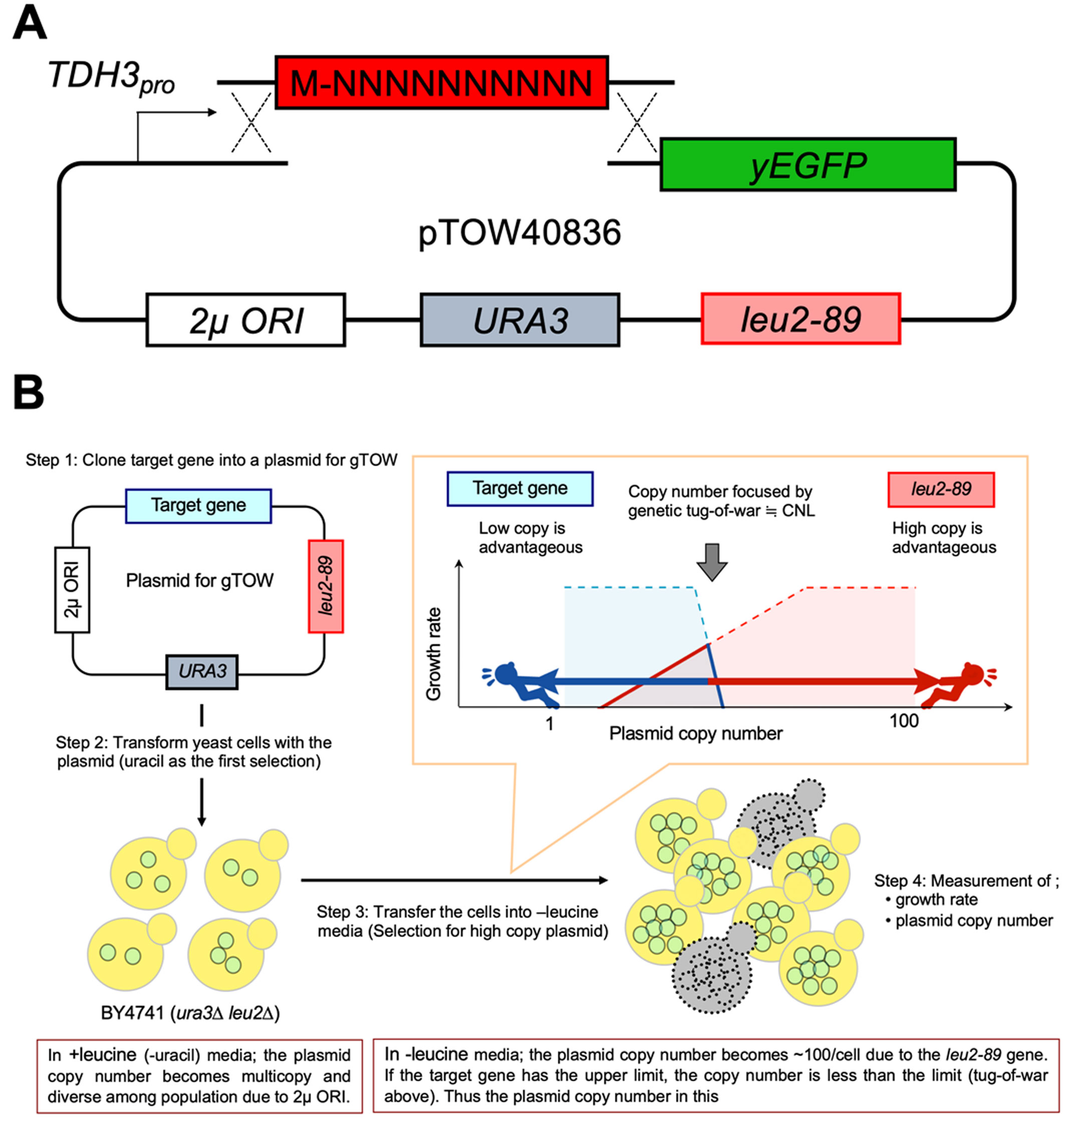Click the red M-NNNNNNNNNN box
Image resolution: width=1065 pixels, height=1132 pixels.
[x=441, y=83]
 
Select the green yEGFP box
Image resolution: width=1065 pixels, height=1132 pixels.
[x=807, y=165]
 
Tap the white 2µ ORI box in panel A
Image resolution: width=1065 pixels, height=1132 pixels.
[x=245, y=320]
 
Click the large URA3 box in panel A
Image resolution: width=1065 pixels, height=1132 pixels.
[x=519, y=320]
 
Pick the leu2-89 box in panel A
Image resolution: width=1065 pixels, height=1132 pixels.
[x=800, y=319]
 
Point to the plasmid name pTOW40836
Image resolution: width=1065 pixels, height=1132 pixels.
[x=519, y=233]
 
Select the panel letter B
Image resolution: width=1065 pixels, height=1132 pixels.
[x=29, y=392]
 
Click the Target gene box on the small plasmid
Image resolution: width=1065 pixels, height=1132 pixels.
[x=198, y=505]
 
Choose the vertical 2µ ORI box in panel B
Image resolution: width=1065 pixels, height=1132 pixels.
[x=72, y=590]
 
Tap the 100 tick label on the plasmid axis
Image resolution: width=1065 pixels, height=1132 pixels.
[x=904, y=721]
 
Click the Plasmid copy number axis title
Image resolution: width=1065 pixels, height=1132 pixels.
[x=695, y=733]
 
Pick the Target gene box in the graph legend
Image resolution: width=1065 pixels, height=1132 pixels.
[x=519, y=488]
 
